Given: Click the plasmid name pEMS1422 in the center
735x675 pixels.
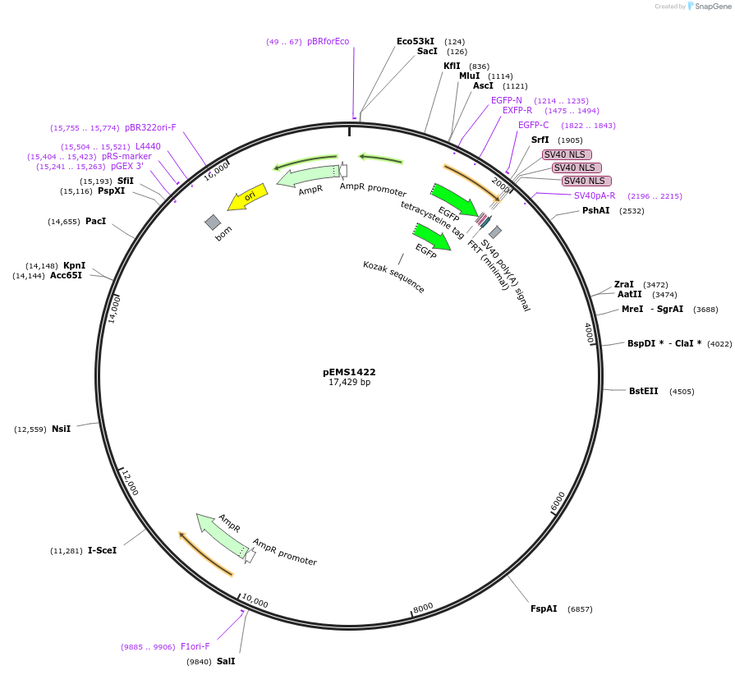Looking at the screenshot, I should (x=349, y=372).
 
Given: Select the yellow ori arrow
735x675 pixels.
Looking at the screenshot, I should (x=246, y=197).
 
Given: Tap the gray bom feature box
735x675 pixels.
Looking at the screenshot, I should (x=213, y=222).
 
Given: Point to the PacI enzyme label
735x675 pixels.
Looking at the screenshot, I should (x=95, y=222).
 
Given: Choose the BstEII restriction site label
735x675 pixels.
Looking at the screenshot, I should (x=643, y=392).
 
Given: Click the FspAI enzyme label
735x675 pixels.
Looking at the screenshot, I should (x=544, y=608).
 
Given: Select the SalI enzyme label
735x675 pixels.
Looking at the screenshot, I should (x=226, y=661).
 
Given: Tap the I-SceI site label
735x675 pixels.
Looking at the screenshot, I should (x=102, y=550).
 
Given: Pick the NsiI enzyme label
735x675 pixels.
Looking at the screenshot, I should (x=62, y=429).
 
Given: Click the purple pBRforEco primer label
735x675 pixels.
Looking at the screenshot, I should (x=328, y=42).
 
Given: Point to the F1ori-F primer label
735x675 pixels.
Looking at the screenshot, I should (x=195, y=646).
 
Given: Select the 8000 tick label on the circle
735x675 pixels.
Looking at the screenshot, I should (x=423, y=608).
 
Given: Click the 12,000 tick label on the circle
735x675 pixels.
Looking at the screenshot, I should (x=130, y=483).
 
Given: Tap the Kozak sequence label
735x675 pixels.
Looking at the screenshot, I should (x=394, y=277).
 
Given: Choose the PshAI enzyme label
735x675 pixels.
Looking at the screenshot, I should (x=595, y=211).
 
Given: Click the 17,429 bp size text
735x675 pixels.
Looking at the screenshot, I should (x=349, y=383).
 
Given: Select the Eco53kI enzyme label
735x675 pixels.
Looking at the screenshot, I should (x=415, y=41).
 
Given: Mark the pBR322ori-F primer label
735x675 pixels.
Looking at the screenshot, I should (x=150, y=128).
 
